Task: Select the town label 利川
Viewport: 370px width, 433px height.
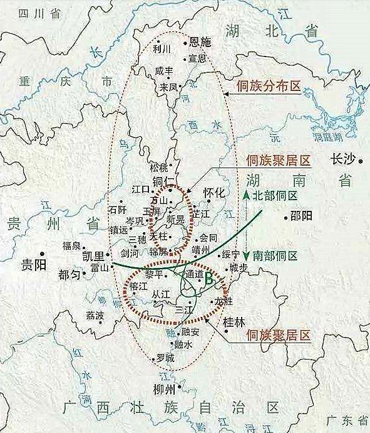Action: (162, 48)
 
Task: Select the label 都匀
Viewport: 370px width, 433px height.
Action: (69, 275)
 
